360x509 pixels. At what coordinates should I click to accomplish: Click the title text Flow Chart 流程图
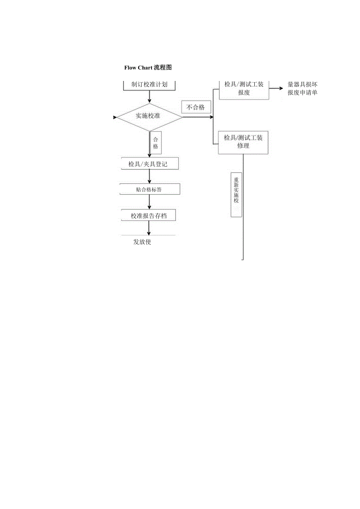pos(148,68)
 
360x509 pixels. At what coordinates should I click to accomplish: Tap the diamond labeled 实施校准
pos(149,116)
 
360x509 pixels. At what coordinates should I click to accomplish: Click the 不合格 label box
pos(196,107)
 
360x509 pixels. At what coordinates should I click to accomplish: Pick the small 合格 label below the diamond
pos(156,143)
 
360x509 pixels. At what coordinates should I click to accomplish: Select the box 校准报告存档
pos(149,216)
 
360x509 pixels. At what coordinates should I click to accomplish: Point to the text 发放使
pos(142,242)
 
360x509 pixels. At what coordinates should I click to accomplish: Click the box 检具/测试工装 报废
pos(243,89)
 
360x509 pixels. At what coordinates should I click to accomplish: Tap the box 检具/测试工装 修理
pos(243,142)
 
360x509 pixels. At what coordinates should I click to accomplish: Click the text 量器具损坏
pos(302,85)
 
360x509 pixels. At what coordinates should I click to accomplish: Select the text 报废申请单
pos(302,93)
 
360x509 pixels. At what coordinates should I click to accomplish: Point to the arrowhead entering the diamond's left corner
pos(115,117)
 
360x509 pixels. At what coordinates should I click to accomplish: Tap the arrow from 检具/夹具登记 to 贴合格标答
pos(149,176)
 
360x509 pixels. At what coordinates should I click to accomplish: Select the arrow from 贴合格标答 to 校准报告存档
pos(149,202)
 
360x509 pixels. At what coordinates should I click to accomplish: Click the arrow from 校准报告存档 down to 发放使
pos(149,228)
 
